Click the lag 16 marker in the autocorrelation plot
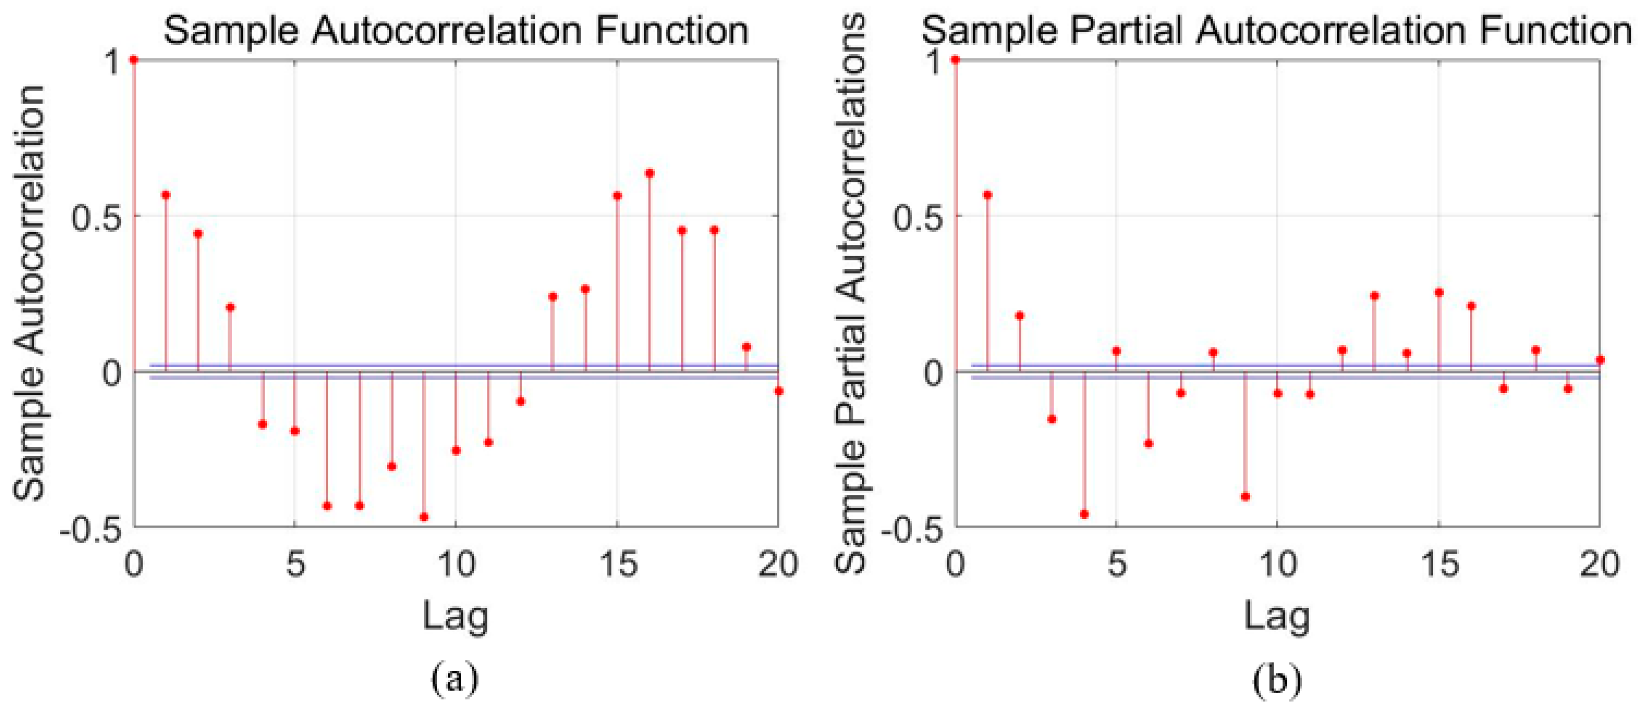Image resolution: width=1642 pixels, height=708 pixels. click(649, 173)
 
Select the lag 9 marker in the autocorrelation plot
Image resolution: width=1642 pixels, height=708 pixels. click(424, 517)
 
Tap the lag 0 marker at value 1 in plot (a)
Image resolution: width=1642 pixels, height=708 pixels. click(133, 59)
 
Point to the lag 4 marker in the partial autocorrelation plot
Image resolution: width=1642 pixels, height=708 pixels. click(1084, 514)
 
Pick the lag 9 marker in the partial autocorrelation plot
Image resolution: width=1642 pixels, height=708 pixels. click(1245, 496)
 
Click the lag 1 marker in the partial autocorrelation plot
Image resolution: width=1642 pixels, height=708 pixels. click(988, 195)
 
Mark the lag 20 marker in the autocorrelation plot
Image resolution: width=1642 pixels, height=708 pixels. click(778, 391)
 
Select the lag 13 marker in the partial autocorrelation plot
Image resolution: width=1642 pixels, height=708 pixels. click(1374, 296)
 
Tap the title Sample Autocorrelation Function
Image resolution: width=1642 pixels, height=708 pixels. click(456, 31)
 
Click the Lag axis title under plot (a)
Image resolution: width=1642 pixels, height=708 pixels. click(455, 617)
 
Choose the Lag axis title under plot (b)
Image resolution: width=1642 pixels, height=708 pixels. click(1277, 617)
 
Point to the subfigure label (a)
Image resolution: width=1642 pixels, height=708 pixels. click(455, 679)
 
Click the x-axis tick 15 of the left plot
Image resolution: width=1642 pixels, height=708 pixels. click(617, 564)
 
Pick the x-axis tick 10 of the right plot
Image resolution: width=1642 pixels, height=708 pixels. click(1277, 564)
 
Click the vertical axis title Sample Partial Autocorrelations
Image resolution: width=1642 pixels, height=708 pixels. click(851, 293)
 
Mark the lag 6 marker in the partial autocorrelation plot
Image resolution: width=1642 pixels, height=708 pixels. click(1148, 444)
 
